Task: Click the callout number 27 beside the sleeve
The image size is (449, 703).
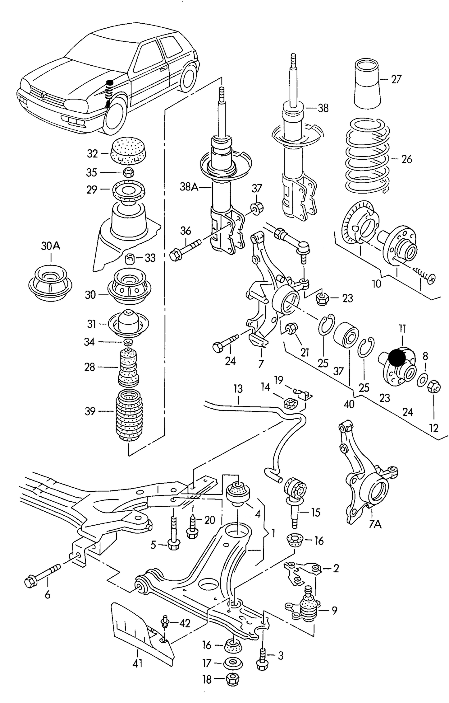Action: click(396, 79)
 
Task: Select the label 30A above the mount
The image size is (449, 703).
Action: click(51, 246)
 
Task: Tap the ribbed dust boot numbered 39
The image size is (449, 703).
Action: click(129, 412)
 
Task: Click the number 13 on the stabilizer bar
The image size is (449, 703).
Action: click(238, 389)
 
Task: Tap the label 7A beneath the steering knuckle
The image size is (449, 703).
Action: click(375, 525)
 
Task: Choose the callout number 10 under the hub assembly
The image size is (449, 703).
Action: click(376, 284)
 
